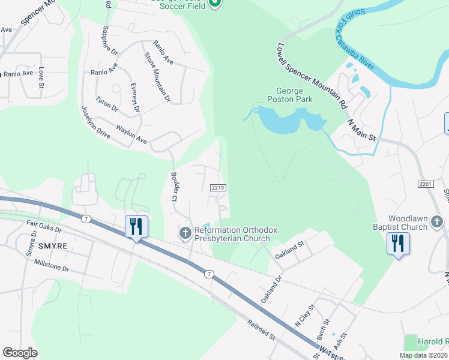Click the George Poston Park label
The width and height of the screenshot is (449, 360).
(x=290, y=95)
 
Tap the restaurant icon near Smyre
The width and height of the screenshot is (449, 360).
(x=136, y=227)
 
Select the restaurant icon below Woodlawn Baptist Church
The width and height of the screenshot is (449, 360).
(x=398, y=244)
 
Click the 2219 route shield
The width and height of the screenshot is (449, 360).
(x=218, y=188)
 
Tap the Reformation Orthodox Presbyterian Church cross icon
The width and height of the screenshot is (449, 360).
(x=185, y=232)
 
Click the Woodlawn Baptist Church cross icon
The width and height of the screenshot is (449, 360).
(x=436, y=223)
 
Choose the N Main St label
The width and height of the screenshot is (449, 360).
(x=362, y=130)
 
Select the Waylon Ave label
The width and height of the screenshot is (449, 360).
(x=131, y=134)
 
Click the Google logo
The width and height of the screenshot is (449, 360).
(x=20, y=353)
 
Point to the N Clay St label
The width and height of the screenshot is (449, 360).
(x=304, y=316)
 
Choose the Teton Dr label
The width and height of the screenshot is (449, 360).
(x=107, y=104)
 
